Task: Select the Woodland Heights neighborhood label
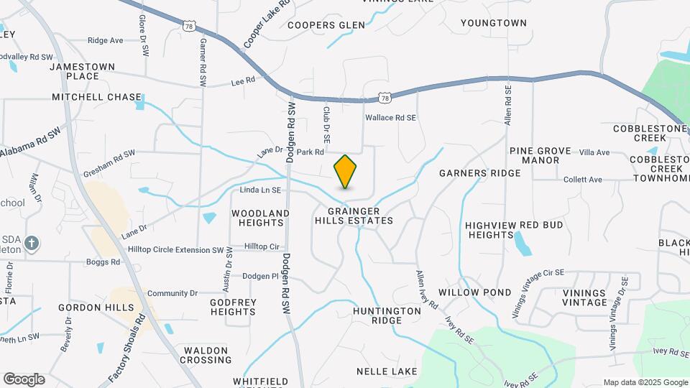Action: [260, 218]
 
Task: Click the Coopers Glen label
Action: [326, 25]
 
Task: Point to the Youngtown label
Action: [494, 23]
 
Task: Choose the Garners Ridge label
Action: [479, 173]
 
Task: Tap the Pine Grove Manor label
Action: [540, 156]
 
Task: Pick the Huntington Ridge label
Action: [387, 315]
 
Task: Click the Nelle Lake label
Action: [387, 371]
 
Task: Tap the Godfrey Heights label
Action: [233, 307]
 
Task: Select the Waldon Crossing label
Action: [207, 355]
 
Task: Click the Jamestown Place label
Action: [83, 71]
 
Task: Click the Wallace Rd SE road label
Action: [391, 117]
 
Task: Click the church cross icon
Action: [32, 244]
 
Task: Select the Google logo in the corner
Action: [24, 379]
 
